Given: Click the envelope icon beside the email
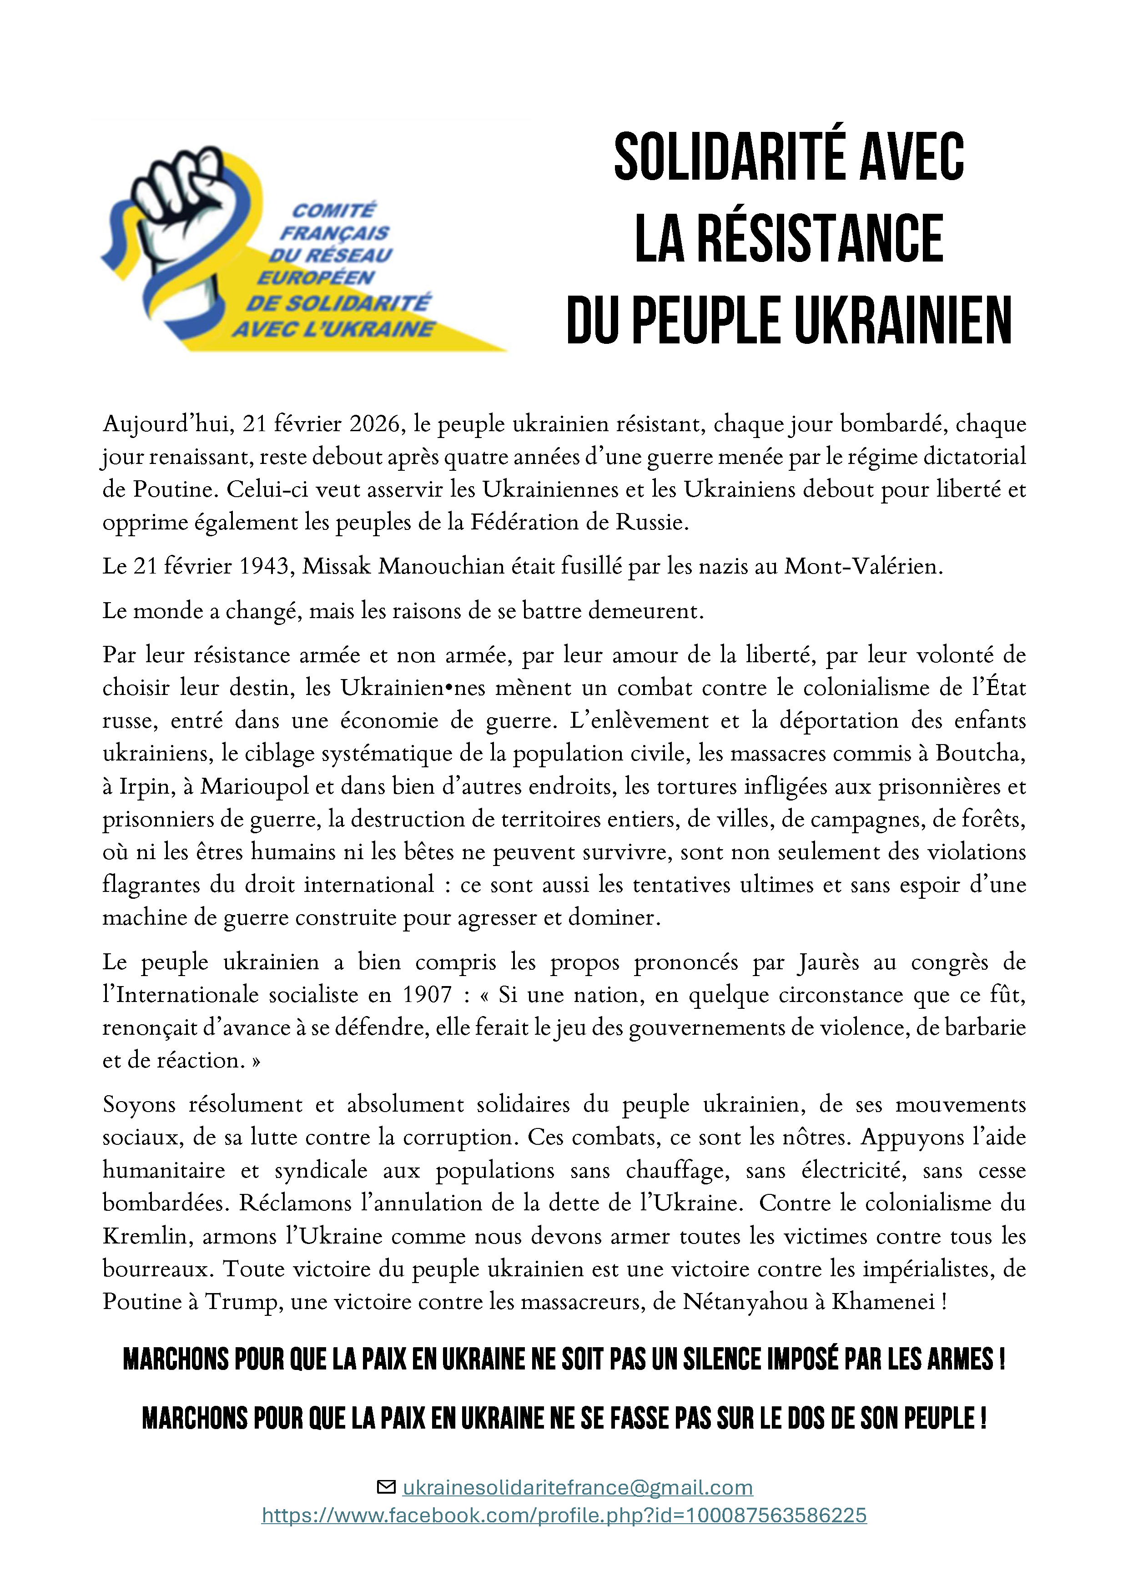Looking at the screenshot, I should [385, 1487].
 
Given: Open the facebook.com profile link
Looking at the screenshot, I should [564, 1515].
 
